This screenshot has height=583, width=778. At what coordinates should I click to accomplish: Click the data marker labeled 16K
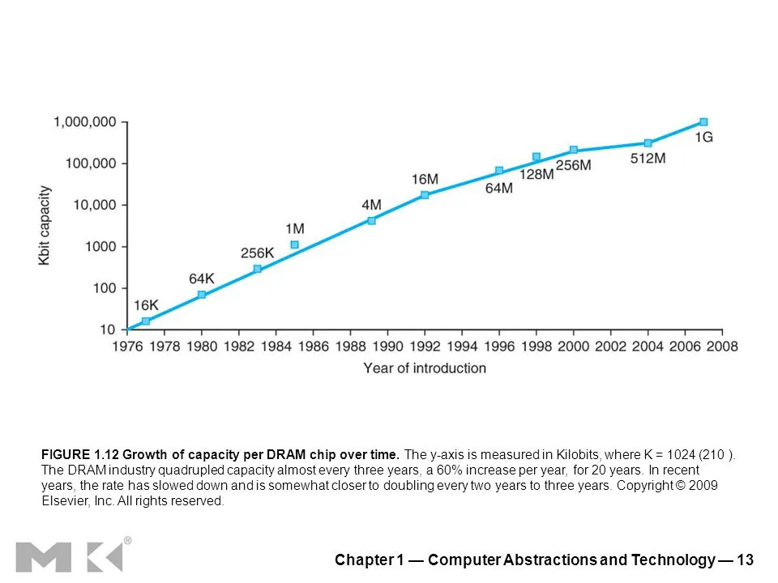click(x=146, y=321)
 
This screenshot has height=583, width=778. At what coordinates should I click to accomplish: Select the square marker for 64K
click(x=202, y=295)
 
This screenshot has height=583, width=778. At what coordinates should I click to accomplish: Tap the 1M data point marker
click(x=295, y=245)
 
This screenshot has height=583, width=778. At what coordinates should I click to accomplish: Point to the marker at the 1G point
click(x=703, y=122)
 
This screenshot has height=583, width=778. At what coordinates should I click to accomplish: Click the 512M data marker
click(x=648, y=143)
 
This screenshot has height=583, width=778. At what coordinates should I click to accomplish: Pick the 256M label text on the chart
click(x=573, y=165)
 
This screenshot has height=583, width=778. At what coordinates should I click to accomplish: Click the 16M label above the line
click(x=425, y=179)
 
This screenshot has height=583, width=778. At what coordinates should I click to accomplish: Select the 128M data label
click(x=536, y=173)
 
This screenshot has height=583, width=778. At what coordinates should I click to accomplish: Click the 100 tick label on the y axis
click(x=105, y=288)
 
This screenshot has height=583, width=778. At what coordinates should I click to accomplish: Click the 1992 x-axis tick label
click(x=425, y=347)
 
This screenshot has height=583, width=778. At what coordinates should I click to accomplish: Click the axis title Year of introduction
click(x=425, y=368)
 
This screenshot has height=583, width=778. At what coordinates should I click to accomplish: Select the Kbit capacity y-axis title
click(x=45, y=226)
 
